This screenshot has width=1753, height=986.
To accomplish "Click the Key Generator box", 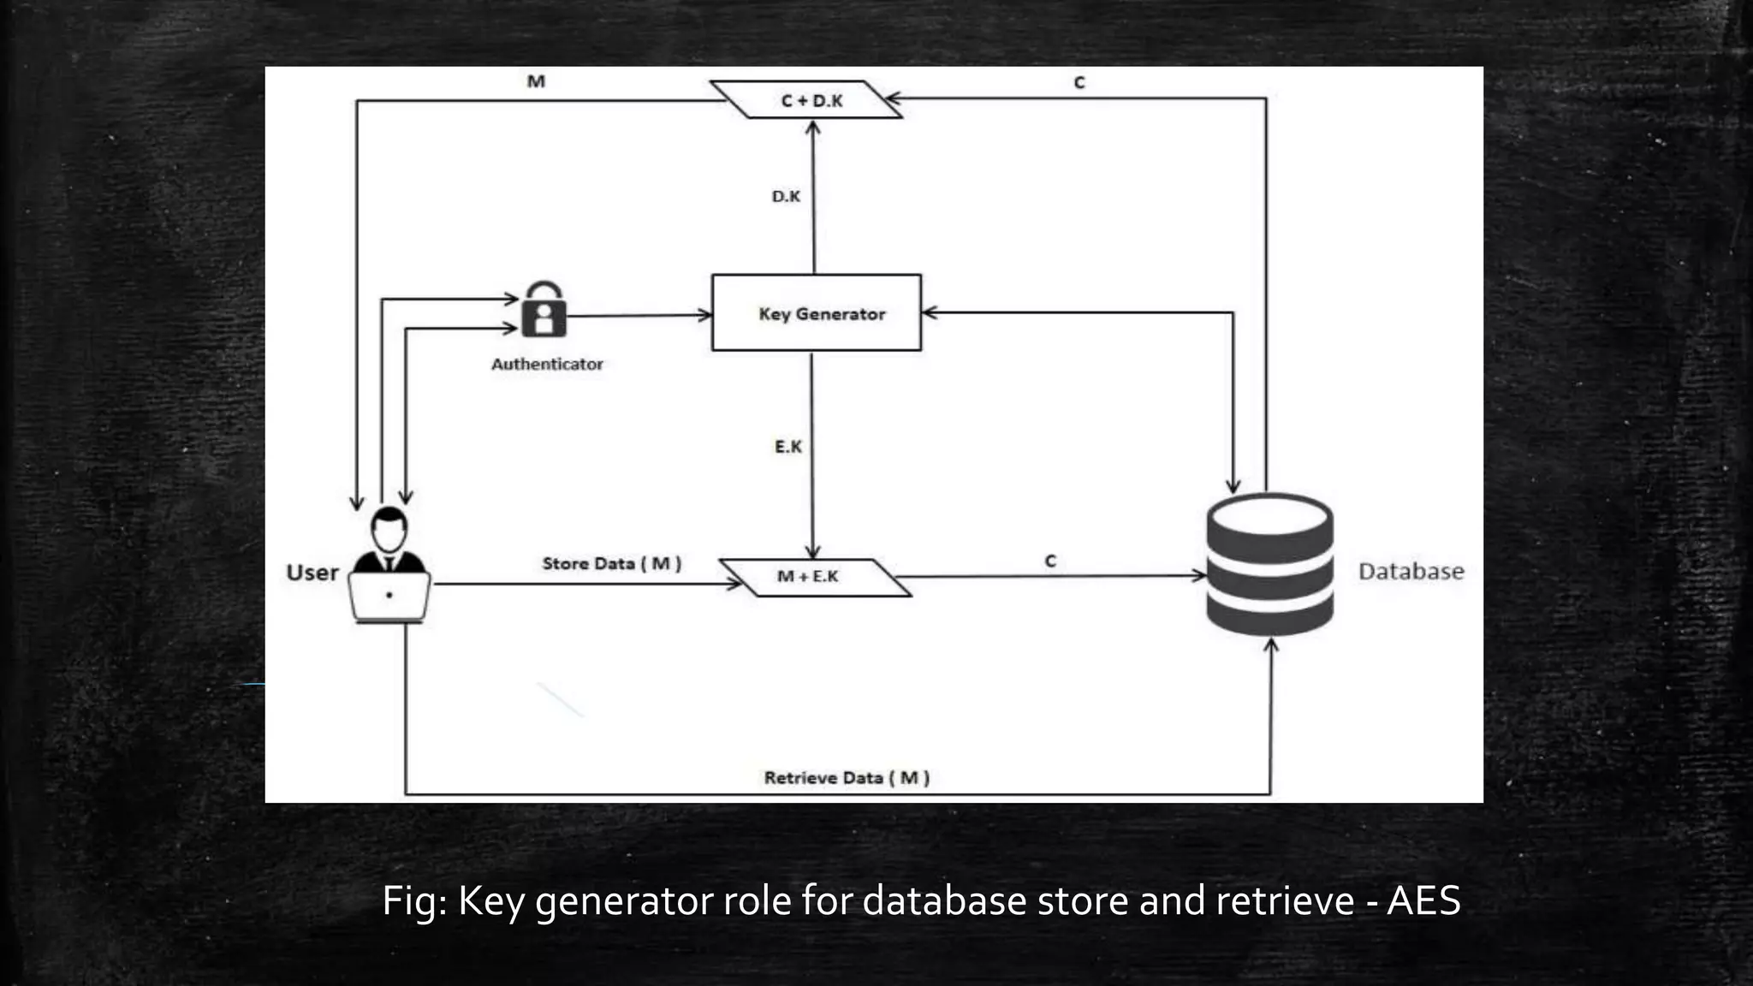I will (x=817, y=312).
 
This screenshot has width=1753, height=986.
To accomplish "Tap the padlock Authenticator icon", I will (x=544, y=311).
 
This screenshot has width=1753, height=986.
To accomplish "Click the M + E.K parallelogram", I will (x=813, y=577).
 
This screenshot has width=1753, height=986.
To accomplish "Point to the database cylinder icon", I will (x=1269, y=565).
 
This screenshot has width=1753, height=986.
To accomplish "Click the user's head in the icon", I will (x=389, y=530).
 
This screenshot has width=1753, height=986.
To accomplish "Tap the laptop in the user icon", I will (x=389, y=596).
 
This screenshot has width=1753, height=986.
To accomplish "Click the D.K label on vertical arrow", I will (x=786, y=197).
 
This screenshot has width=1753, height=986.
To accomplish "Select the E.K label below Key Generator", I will (x=787, y=447).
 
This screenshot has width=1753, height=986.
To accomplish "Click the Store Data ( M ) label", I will (x=611, y=563).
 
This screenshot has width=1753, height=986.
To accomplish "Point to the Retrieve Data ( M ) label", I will (x=847, y=778).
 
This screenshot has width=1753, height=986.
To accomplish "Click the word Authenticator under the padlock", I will (x=547, y=365).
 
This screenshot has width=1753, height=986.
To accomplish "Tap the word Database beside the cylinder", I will (x=1411, y=572).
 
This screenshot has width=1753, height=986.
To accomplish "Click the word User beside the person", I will (x=312, y=573).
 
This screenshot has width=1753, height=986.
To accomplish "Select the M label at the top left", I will (x=536, y=81).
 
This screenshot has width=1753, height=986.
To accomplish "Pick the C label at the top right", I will (x=1079, y=83).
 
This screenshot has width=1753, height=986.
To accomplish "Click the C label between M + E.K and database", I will (x=1050, y=561).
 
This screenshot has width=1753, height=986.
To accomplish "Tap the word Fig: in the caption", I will (x=414, y=901).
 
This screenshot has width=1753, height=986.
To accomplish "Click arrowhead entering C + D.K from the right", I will (x=893, y=98).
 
